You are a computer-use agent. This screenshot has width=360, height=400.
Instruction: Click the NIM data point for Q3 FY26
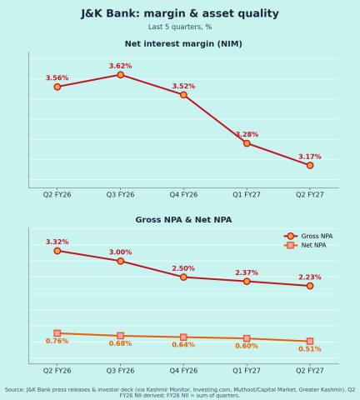pos(120,75)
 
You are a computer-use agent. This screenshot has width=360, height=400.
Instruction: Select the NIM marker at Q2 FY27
pos(310,165)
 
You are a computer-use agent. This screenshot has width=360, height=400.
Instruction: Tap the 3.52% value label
pos(183,86)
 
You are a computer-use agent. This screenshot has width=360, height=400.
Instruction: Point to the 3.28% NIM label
pos(247,134)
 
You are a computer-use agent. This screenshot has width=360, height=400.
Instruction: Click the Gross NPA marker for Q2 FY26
pos(57,251)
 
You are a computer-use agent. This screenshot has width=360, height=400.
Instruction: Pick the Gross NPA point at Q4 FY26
pos(183,277)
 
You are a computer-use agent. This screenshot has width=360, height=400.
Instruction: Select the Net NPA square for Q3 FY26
pos(120,336)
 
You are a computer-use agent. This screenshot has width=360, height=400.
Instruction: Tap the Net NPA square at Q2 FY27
pos(310,341)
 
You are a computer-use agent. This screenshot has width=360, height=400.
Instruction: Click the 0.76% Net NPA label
pos(57,341)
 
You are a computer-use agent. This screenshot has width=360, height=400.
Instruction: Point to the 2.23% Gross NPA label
pos(310,277)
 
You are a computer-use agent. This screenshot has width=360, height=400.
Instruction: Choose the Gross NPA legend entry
pos(308,236)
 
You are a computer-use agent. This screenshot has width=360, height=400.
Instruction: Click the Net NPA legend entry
pos(305,245)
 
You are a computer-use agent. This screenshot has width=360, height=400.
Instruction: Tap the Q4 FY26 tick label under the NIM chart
pos(183,195)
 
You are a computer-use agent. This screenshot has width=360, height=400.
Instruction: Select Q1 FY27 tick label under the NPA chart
pos(247,371)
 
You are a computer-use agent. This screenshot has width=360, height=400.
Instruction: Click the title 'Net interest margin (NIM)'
pos(183,44)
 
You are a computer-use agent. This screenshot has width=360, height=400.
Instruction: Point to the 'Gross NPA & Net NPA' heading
pos(183,220)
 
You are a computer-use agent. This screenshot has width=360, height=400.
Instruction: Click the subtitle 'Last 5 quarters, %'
pos(180,27)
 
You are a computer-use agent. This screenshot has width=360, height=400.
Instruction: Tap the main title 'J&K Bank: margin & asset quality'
pos(180,13)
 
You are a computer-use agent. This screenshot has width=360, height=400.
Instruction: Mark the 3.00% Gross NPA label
pos(120,252)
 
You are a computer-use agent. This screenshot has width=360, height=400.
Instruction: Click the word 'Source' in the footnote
pos(14,390)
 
